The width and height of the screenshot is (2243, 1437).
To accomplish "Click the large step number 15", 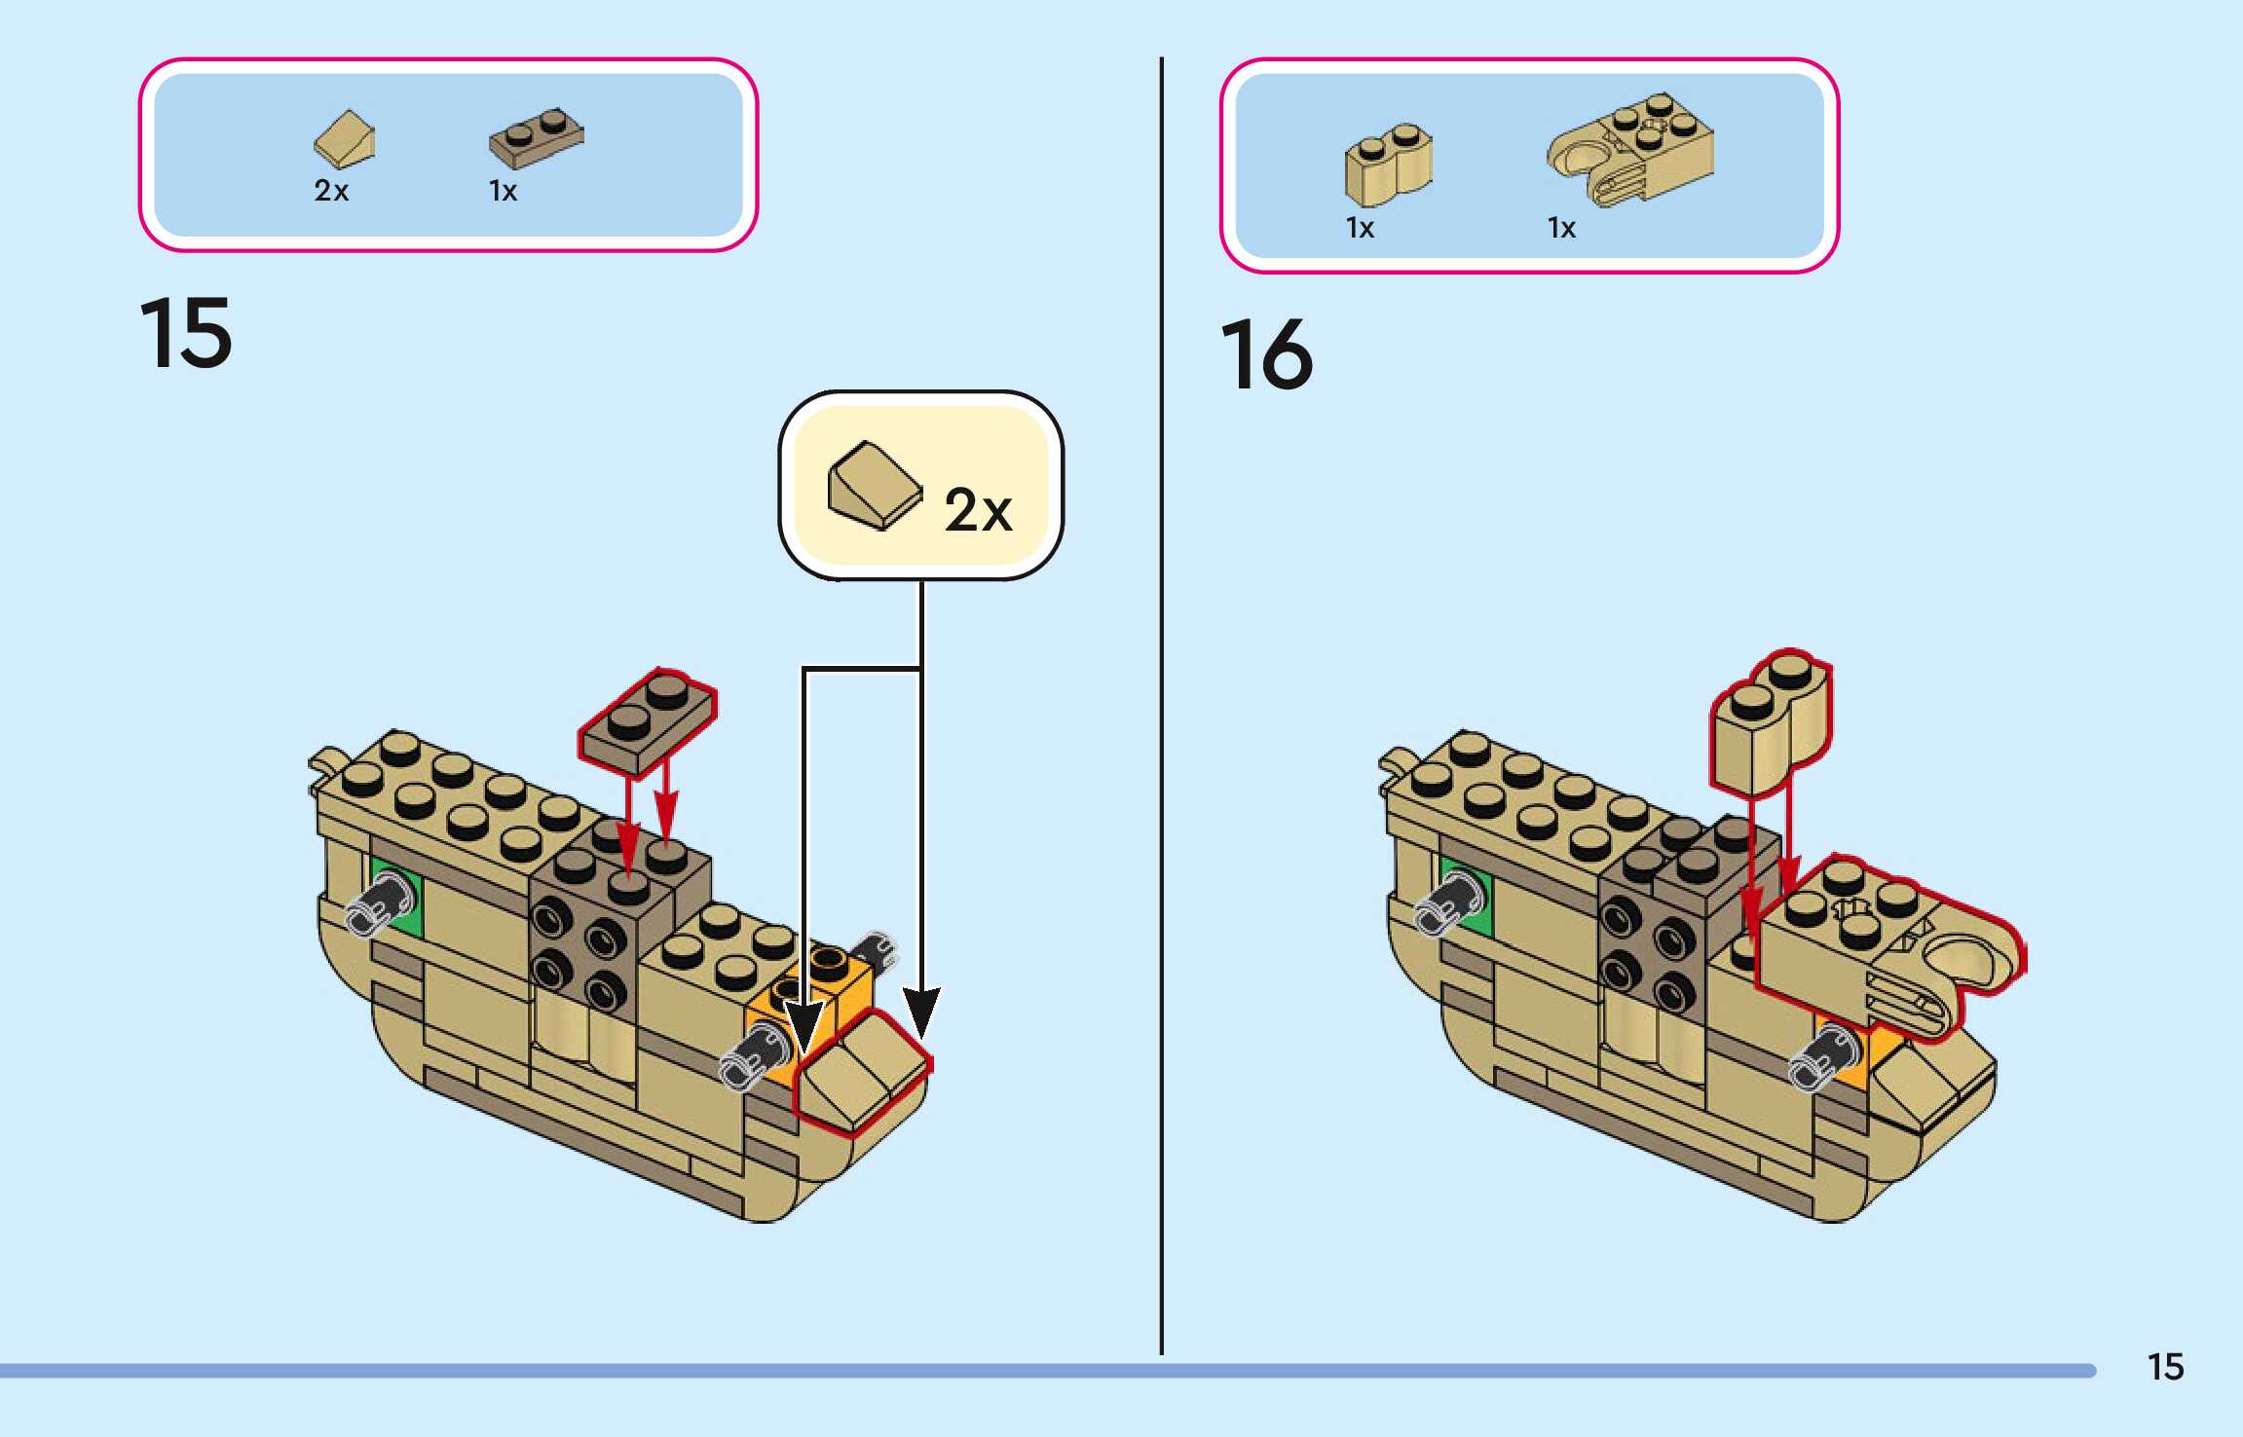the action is coord(186,334).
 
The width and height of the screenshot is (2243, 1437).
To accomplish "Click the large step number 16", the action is coord(1266,354).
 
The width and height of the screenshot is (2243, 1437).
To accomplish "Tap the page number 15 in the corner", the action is coord(2165,1367).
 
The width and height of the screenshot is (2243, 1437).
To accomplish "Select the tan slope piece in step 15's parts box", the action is coord(345,140).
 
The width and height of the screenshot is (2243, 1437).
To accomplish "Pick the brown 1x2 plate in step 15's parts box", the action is coord(536,137).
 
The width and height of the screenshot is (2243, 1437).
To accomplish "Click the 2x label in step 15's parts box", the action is coord(331,191).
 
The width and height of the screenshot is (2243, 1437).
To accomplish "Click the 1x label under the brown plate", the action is coord(503,191).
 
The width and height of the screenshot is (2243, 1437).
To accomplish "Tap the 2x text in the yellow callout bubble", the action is coord(978,509).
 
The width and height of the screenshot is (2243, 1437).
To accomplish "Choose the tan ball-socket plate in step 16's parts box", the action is coord(1630,149).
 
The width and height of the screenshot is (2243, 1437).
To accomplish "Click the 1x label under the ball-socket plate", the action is coord(1561,228).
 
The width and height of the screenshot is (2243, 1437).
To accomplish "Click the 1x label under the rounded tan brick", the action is coord(1360,228).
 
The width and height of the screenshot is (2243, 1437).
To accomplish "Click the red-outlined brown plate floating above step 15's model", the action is coord(648,721).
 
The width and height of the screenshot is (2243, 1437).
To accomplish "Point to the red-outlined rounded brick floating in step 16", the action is coord(1771,722).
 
